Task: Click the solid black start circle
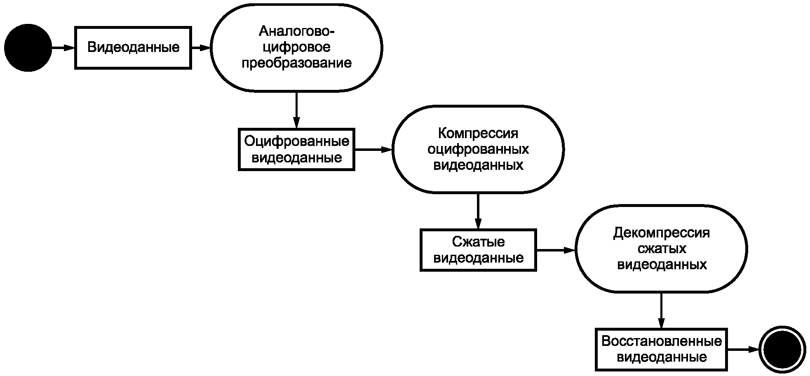click(x=28, y=48)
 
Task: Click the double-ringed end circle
click(x=782, y=350)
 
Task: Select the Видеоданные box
click(x=133, y=48)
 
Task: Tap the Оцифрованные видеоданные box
click(x=296, y=149)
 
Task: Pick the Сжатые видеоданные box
click(x=478, y=250)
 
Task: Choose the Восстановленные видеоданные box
click(x=661, y=349)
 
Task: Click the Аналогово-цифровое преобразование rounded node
click(x=296, y=48)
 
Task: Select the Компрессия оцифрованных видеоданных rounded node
click(x=478, y=149)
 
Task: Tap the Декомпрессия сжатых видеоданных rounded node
click(x=661, y=249)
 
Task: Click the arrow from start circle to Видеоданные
click(x=63, y=48)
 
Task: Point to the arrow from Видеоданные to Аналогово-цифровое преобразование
click(x=201, y=48)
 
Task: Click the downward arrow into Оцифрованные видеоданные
click(x=296, y=110)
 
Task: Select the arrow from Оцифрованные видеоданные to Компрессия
click(x=373, y=149)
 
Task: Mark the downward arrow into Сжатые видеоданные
click(x=478, y=211)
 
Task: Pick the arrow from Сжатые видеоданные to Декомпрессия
click(x=555, y=250)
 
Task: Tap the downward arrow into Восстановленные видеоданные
click(x=661, y=310)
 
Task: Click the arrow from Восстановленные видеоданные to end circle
click(x=743, y=350)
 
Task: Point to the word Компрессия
click(x=478, y=134)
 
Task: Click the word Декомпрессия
click(x=661, y=233)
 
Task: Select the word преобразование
click(x=296, y=63)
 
